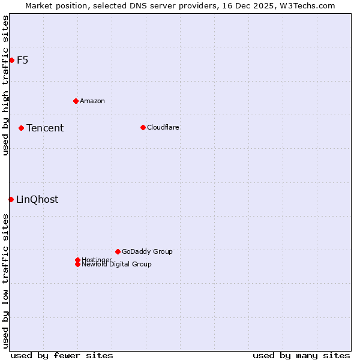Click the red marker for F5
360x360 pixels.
click(11, 60)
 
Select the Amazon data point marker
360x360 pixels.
click(76, 101)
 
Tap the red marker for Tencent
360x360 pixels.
click(21, 128)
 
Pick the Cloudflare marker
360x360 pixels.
click(143, 127)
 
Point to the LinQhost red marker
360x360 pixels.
click(11, 199)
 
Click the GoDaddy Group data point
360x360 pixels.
click(118, 251)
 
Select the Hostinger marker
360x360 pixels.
click(77, 260)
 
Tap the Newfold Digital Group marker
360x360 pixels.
click(77, 265)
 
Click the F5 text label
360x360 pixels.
click(22, 60)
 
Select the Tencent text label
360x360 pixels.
click(45, 128)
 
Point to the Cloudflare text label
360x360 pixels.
click(163, 127)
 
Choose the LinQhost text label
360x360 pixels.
click(37, 200)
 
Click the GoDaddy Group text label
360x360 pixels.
click(147, 251)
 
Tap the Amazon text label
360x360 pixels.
click(92, 101)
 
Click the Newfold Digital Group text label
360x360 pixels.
click(117, 265)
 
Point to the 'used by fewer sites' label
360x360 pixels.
click(62, 355)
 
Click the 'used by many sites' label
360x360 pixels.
click(301, 355)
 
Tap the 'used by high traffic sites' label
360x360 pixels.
click(5, 85)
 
